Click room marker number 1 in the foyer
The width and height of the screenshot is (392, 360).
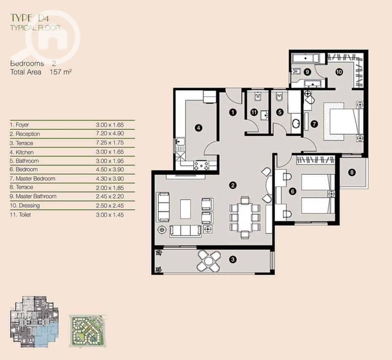233,112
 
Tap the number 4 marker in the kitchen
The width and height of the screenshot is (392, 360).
198,128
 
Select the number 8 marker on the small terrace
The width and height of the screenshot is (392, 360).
352,172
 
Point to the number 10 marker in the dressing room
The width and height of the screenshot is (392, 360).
339,72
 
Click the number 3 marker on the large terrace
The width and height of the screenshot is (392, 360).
233,259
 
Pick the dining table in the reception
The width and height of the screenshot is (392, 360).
245,217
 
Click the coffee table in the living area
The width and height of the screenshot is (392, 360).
185,209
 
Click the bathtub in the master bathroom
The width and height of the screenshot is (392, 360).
305,58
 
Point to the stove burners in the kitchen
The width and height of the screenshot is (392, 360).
201,166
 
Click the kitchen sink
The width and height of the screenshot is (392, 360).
180,142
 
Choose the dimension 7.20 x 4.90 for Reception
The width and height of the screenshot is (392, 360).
110,134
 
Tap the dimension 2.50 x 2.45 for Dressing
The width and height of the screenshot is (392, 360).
110,205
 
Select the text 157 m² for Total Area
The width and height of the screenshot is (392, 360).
61,72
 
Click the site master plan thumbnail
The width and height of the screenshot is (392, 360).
88,331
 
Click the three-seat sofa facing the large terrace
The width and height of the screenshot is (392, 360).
185,231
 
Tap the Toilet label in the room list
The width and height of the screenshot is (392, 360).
23,215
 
